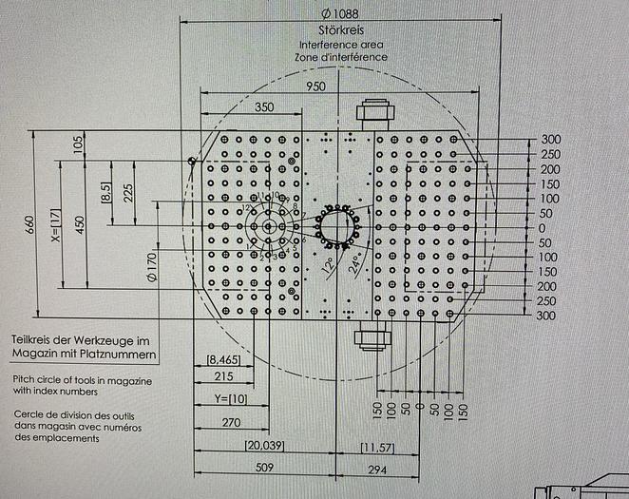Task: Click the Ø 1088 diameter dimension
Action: coord(340,14)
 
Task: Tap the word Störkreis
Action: coord(340,30)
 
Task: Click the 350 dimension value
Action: coord(265,106)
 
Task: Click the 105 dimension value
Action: coord(78,144)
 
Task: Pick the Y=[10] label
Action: coord(231,398)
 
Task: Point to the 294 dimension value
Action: coord(377,469)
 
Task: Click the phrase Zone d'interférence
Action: coord(340,57)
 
